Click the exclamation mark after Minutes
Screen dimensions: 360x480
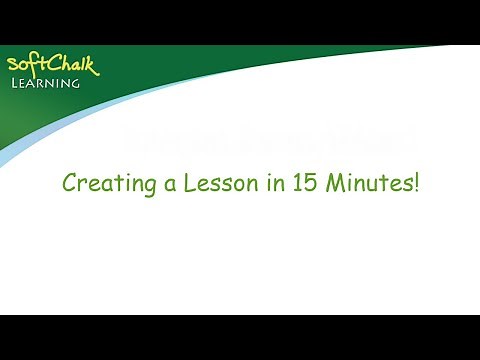tap(413, 184)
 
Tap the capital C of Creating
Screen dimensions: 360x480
tap(69, 184)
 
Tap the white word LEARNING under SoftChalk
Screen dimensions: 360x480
tap(46, 83)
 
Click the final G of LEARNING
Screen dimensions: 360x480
tap(75, 83)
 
